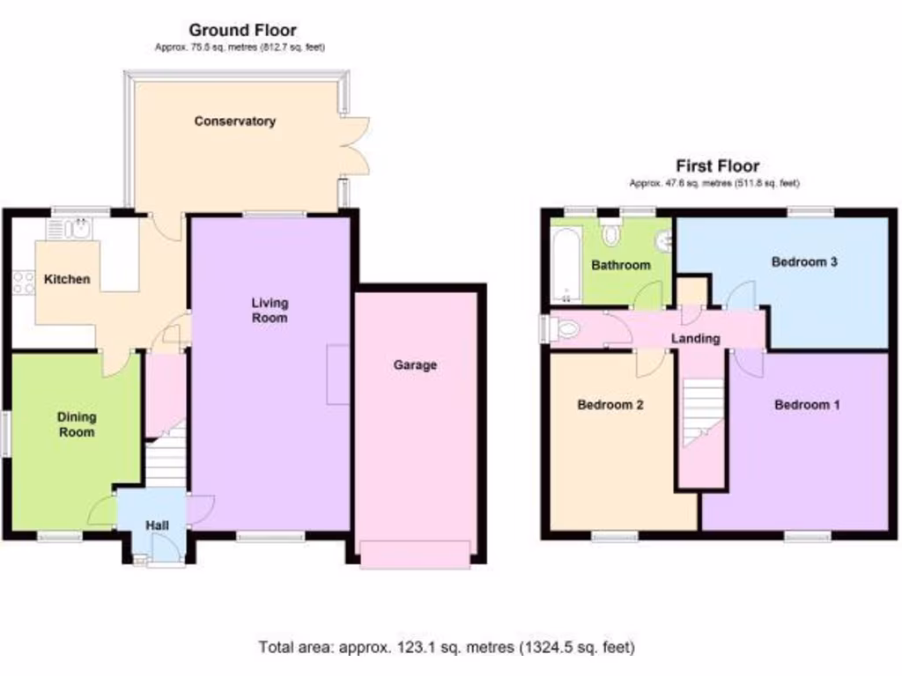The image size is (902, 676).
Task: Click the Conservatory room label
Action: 235,121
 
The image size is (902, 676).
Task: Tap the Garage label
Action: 415,365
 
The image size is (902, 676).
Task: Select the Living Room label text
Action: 270,310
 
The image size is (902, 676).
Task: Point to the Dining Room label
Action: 77,424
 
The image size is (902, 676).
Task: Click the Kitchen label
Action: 68,279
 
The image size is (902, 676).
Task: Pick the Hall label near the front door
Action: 158,525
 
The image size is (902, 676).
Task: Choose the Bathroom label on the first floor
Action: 621,265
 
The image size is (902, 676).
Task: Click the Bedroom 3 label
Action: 804,261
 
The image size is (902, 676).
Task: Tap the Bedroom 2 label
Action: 610,405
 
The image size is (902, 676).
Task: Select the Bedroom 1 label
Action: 807,405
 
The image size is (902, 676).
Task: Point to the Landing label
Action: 696,338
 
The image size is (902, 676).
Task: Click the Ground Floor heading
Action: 242,32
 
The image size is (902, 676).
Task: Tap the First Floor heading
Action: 717,165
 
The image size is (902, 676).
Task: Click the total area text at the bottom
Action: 446,647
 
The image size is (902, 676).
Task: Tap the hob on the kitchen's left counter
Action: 22,282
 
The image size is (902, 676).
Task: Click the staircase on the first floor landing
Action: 702,409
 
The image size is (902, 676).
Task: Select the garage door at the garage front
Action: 415,555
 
